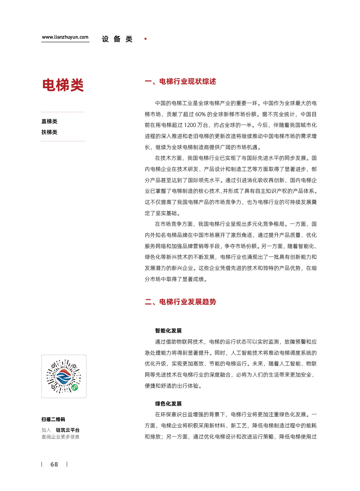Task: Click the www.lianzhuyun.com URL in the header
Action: (65, 37)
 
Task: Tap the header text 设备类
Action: (117, 39)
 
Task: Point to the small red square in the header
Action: (145, 39)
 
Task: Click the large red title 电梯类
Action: (63, 85)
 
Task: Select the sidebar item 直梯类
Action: (49, 121)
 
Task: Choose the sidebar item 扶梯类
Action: (49, 132)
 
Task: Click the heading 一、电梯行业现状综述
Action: (180, 81)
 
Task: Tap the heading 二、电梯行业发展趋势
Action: (180, 302)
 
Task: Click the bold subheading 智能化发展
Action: (168, 331)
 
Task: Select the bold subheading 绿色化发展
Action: (168, 404)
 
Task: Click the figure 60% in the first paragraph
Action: (200, 114)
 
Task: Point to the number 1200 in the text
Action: (190, 125)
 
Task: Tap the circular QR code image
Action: (64, 376)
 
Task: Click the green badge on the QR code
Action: (75, 387)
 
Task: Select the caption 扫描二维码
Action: (53, 420)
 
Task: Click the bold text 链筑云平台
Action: (68, 430)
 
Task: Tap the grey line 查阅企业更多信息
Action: (61, 437)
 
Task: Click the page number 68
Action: (54, 464)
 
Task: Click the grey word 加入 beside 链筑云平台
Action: (46, 430)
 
